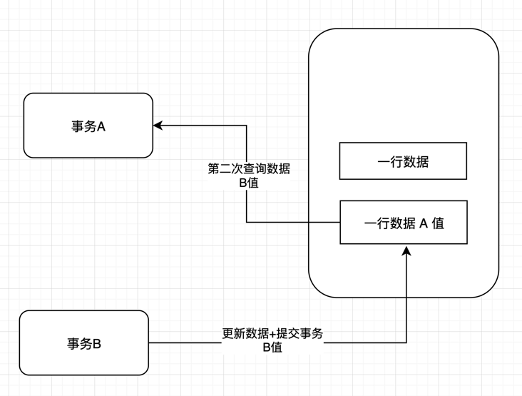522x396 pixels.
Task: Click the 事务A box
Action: point(88,126)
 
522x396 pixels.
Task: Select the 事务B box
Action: point(84,343)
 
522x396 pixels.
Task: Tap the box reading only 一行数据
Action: point(403,161)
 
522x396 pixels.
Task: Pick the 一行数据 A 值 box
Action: point(404,223)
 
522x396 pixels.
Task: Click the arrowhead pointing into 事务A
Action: point(158,126)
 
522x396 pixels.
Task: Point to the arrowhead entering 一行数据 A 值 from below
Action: point(406,250)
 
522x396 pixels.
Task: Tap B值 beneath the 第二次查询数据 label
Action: point(249,183)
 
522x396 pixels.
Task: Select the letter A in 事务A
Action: point(101,126)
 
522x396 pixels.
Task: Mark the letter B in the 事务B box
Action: point(97,344)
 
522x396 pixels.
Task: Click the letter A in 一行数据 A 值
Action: point(422,223)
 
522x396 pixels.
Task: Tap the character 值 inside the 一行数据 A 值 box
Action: point(437,223)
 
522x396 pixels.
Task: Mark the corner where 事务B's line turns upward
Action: point(406,342)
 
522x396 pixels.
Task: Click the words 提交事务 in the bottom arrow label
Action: point(297,334)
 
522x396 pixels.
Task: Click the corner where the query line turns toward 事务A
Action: point(247,126)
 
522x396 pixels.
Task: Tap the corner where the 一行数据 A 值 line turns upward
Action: point(247,223)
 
